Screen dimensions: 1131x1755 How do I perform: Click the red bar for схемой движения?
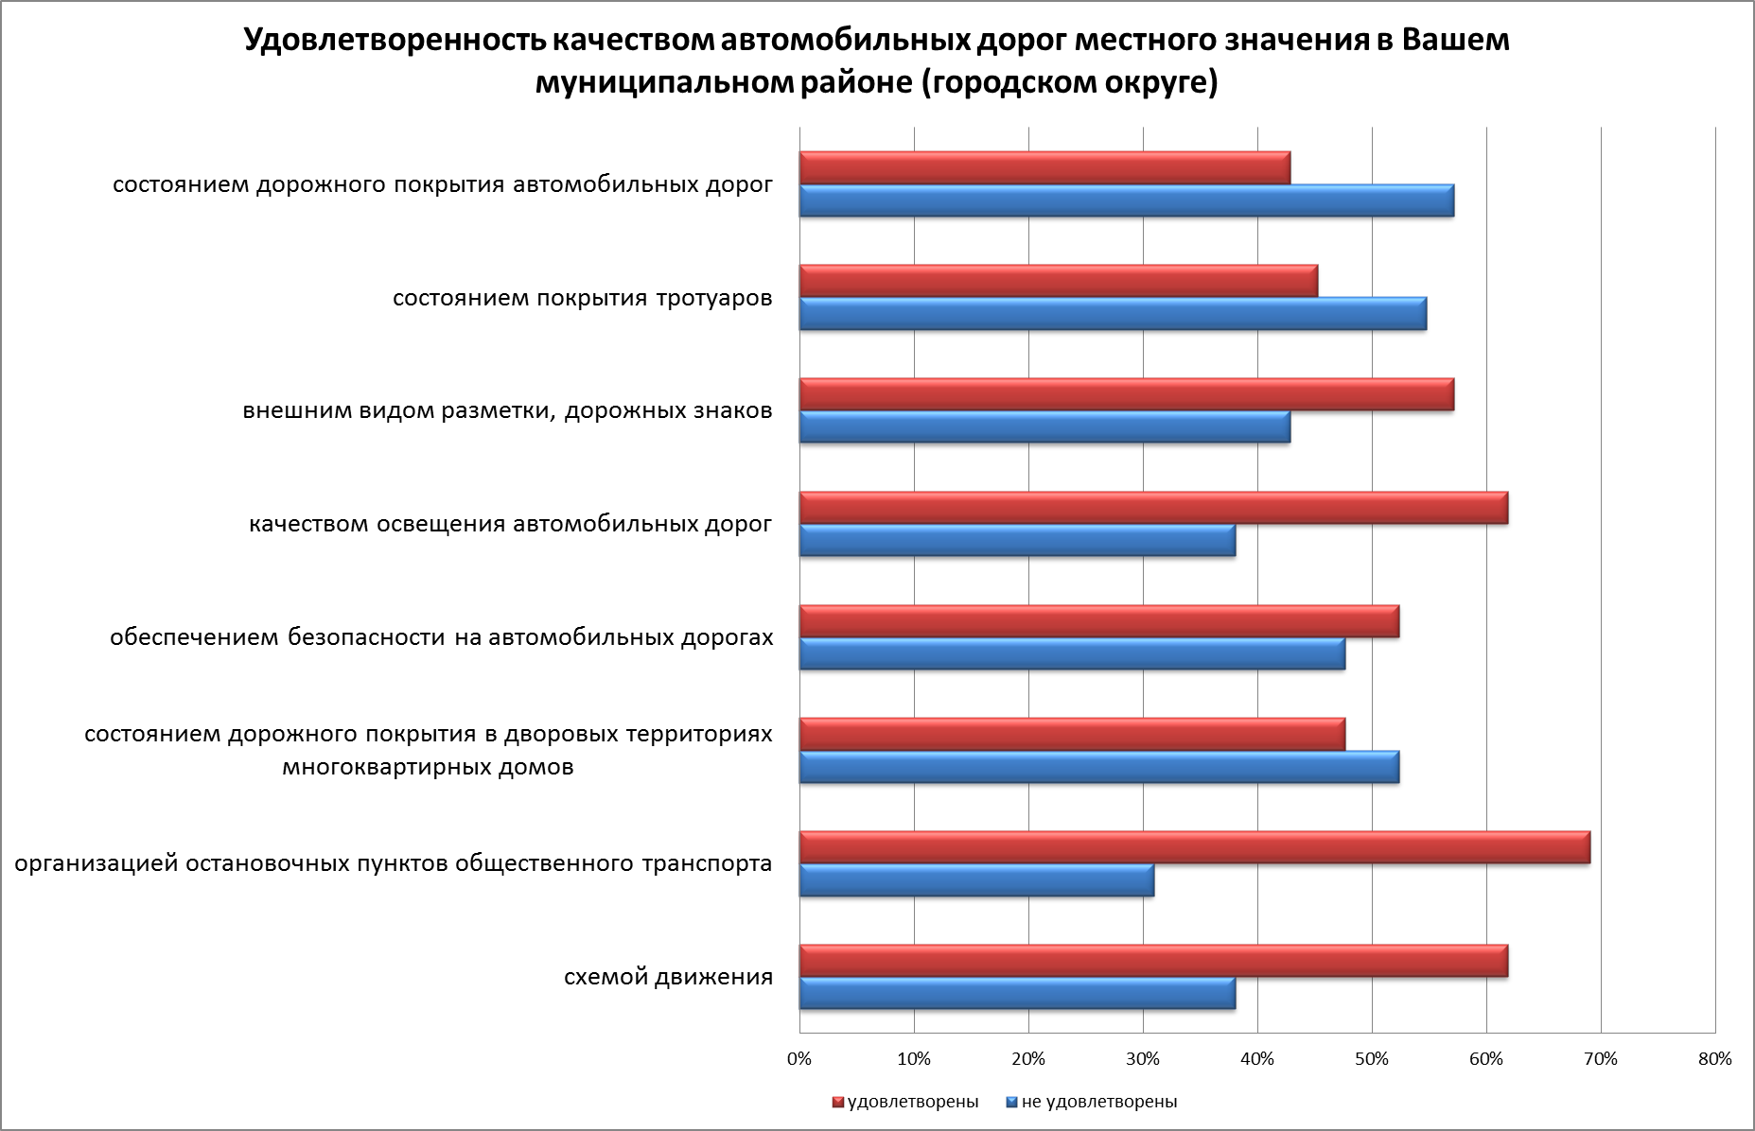click(x=1153, y=960)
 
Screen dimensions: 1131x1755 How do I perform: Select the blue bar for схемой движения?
click(x=1017, y=994)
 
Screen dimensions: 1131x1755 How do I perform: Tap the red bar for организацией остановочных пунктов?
click(x=1194, y=847)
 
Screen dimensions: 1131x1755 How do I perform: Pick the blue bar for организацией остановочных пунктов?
click(x=976, y=880)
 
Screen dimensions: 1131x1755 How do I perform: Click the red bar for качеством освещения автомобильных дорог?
click(x=1153, y=508)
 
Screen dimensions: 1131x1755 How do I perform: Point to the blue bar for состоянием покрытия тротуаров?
click(x=1113, y=314)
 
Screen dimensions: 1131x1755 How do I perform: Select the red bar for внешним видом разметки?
click(x=1126, y=394)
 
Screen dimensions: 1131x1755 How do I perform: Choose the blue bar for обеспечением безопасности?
click(x=1072, y=653)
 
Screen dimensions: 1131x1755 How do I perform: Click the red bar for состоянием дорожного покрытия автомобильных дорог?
click(x=1044, y=168)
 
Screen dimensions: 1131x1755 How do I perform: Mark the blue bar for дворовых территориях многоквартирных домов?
click(x=1098, y=767)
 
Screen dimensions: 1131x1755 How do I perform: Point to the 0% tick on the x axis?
click(x=799, y=1059)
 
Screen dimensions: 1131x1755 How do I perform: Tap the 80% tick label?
click(x=1714, y=1059)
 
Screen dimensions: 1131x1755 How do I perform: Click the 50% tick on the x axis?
click(x=1372, y=1059)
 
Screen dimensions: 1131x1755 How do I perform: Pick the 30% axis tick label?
click(x=1143, y=1059)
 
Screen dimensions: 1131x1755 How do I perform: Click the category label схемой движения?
click(x=668, y=977)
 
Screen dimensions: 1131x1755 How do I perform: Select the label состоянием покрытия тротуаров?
click(x=582, y=299)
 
